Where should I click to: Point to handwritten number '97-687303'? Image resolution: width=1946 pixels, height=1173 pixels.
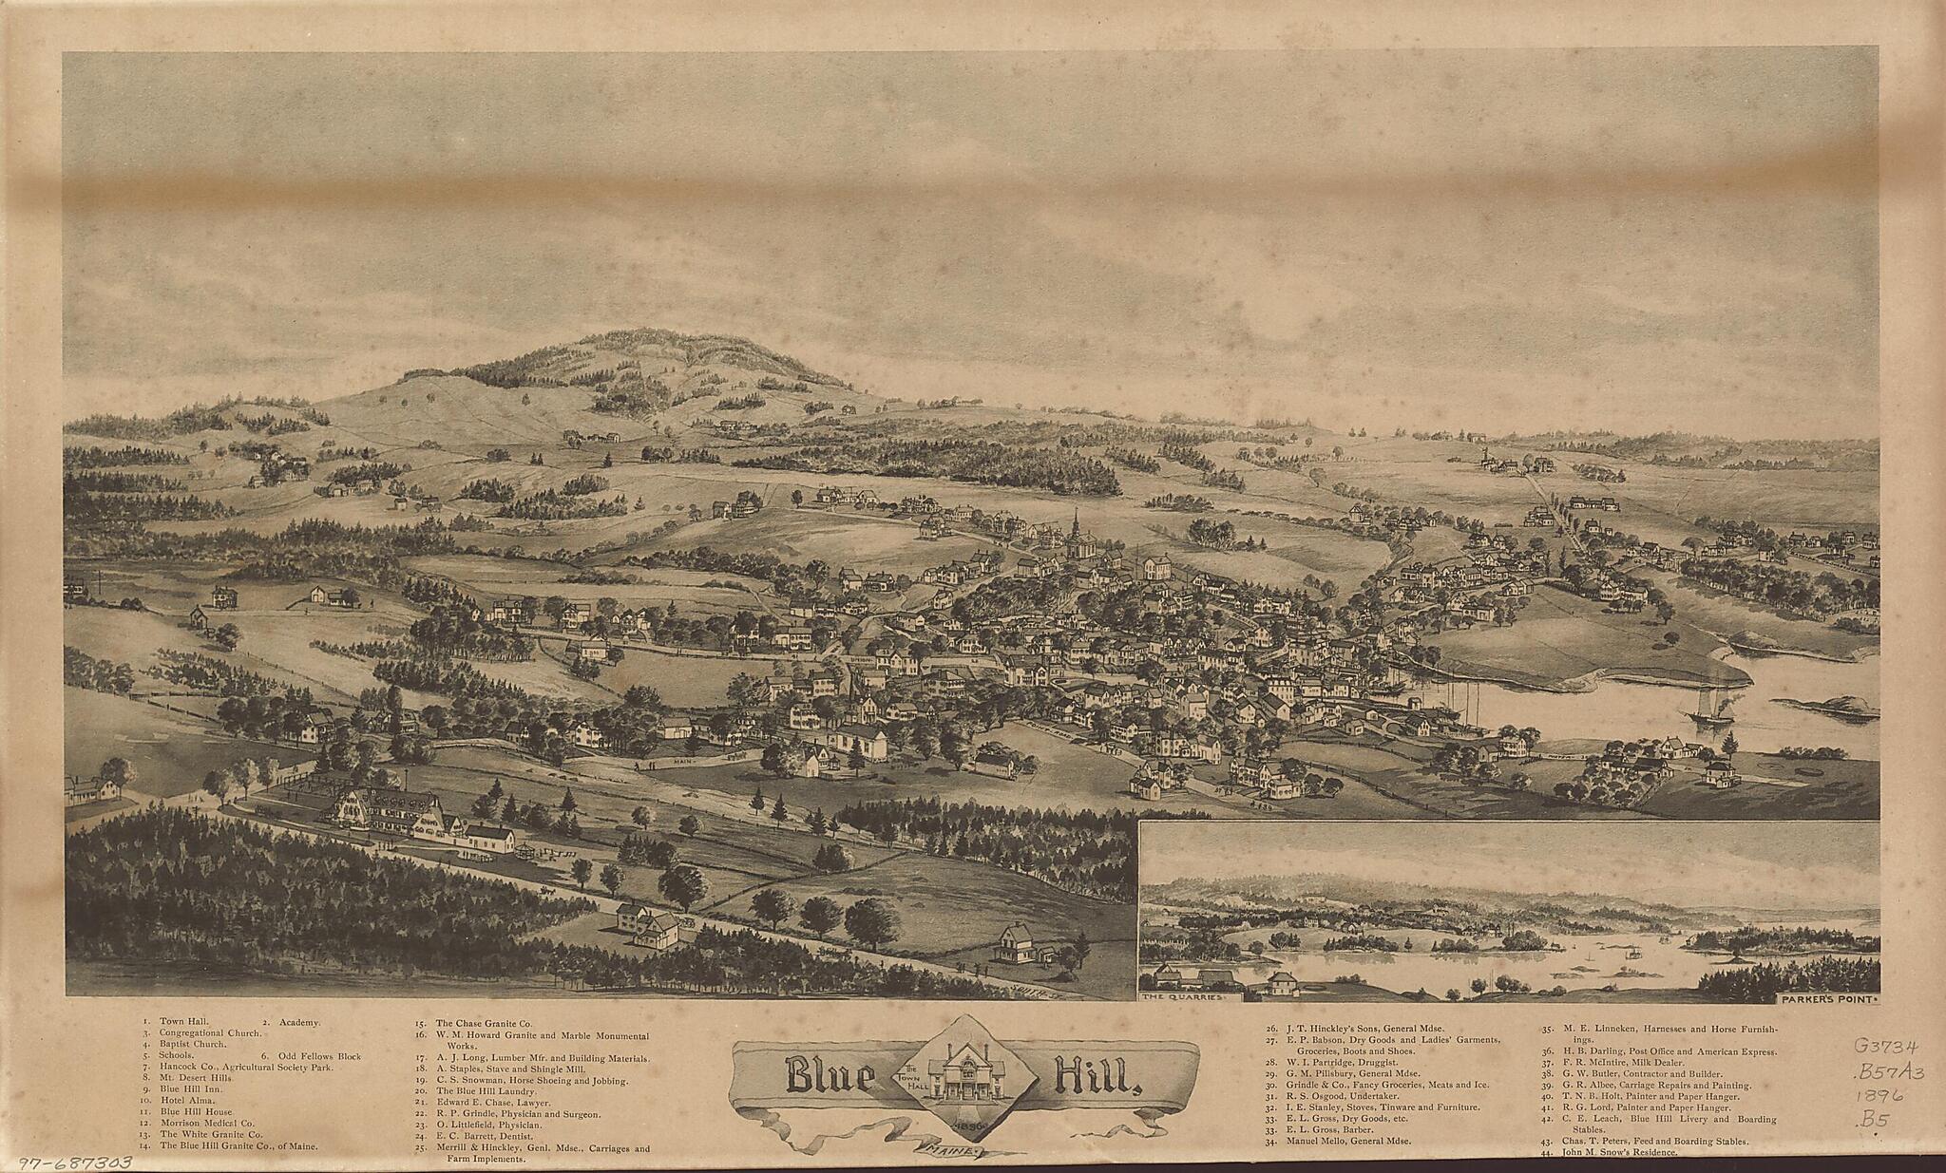pyautogui.click(x=64, y=1163)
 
